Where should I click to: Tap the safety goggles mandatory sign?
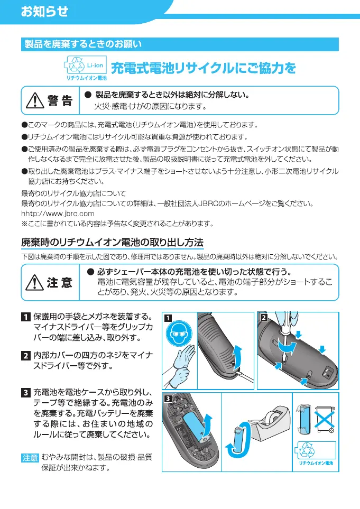[x=179, y=335]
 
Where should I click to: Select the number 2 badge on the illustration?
[x=263, y=317]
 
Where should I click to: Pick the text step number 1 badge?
[x=25, y=317]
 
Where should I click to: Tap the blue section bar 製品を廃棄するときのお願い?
[x=180, y=44]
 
